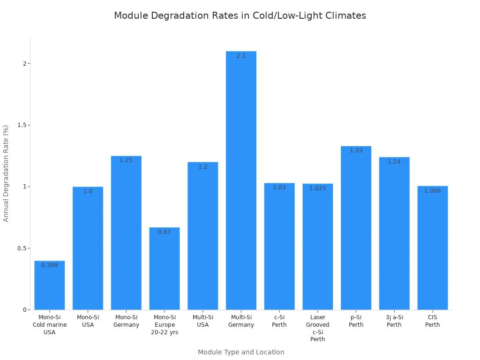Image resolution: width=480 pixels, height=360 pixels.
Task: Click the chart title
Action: click(240, 15)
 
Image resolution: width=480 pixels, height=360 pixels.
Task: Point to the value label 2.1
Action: click(241, 56)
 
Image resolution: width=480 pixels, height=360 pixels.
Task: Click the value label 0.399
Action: click(50, 265)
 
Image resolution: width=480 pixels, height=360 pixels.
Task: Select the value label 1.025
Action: click(317, 188)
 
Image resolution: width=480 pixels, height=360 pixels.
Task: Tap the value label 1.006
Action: click(432, 191)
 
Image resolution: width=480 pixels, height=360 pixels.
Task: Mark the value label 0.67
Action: click(165, 232)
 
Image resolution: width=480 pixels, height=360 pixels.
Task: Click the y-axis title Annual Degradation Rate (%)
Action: click(6, 173)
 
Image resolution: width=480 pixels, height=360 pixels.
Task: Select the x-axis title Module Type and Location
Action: click(241, 352)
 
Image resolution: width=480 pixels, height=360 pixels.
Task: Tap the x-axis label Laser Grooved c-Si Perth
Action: click(317, 328)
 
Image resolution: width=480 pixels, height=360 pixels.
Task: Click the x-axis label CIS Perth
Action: click(432, 321)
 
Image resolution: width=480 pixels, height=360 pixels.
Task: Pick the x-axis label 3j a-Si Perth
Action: click(394, 321)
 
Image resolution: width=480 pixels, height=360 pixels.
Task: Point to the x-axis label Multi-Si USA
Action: click(202, 321)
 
